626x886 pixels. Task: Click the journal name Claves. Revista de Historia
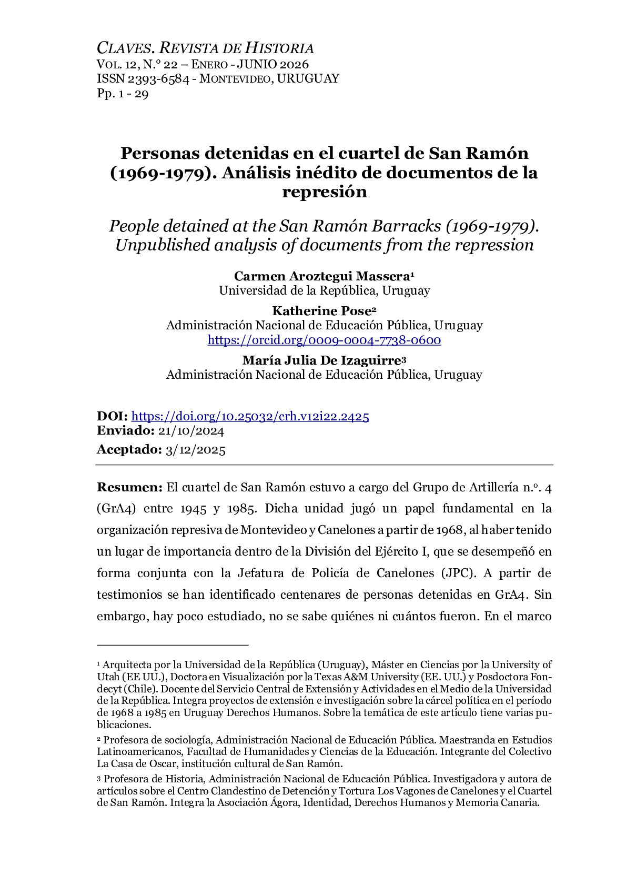(x=205, y=48)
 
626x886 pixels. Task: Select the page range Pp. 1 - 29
(x=123, y=94)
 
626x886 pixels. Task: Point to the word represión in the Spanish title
(x=324, y=192)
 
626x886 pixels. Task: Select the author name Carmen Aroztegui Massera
(x=322, y=276)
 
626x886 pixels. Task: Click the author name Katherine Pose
(x=321, y=311)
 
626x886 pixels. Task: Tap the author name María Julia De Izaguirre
(x=321, y=360)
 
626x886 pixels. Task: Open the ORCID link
(x=324, y=340)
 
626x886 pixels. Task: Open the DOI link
(x=250, y=416)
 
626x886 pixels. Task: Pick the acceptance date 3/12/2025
(x=195, y=449)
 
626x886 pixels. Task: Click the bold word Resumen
(x=129, y=487)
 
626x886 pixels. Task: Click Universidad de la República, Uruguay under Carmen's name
(x=324, y=290)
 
